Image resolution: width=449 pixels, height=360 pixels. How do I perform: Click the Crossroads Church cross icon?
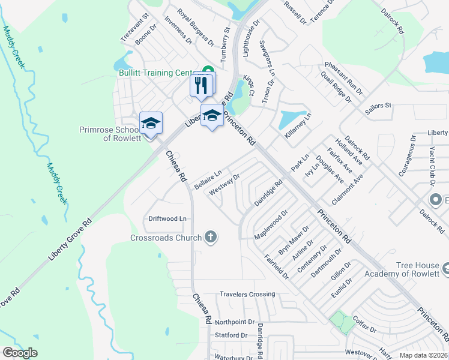point(210,238)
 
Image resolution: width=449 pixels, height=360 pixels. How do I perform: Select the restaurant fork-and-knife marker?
point(202,85)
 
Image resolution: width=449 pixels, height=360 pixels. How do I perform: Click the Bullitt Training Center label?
point(159,73)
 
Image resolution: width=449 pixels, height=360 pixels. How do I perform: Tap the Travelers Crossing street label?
point(247,294)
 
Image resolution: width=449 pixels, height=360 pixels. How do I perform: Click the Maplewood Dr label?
point(272,223)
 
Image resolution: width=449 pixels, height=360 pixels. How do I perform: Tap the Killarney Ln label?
point(299,127)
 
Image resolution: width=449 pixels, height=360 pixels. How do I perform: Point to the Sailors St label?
point(378,106)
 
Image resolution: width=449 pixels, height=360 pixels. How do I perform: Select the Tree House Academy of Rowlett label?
point(414,269)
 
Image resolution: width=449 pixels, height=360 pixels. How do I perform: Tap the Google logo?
point(20,353)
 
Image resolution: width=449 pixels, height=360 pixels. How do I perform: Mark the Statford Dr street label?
point(231,335)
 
